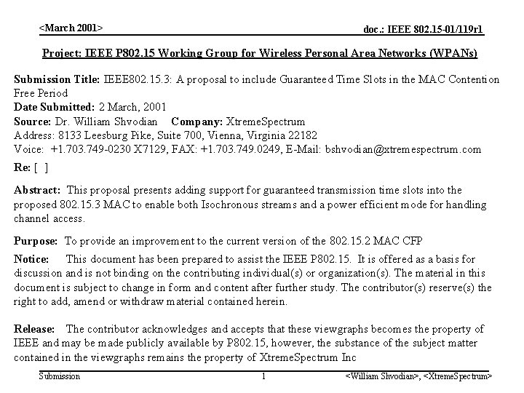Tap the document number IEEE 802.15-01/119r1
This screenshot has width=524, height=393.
click(424, 30)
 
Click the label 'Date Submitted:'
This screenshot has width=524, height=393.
click(54, 107)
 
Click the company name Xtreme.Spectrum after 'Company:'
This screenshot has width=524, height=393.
click(266, 121)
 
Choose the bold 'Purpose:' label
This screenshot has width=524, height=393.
click(36, 240)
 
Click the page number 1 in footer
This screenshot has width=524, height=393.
click(263, 376)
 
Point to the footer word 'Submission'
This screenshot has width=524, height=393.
click(59, 376)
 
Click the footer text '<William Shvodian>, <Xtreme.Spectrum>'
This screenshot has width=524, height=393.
click(418, 376)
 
